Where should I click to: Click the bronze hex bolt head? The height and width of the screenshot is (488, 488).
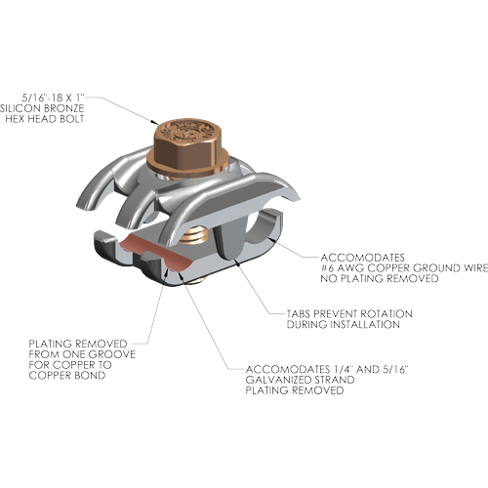pyautogui.click(x=186, y=143)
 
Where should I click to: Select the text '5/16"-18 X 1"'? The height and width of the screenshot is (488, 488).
pyautogui.click(x=54, y=98)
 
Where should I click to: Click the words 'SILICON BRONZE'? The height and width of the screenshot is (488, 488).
pyautogui.click(x=42, y=108)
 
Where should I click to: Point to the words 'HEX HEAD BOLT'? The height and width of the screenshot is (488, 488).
pyautogui.click(x=45, y=119)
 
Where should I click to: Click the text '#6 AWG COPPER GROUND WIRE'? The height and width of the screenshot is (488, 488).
pyautogui.click(x=404, y=268)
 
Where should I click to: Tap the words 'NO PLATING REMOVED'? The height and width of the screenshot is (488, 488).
pyautogui.click(x=380, y=278)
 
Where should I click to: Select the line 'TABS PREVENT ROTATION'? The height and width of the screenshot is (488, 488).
pyautogui.click(x=349, y=314)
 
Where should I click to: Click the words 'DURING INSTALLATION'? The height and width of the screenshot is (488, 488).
pyautogui.click(x=344, y=324)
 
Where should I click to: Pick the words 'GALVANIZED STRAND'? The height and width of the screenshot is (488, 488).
pyautogui.click(x=300, y=380)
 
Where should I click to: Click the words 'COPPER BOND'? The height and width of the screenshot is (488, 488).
pyautogui.click(x=67, y=375)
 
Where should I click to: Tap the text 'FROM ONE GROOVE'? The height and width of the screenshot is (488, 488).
pyautogui.click(x=82, y=354)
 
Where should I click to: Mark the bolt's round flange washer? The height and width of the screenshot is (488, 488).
pyautogui.click(x=187, y=169)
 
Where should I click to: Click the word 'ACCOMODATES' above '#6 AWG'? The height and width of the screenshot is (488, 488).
pyautogui.click(x=362, y=258)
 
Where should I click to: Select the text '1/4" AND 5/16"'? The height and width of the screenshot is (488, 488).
pyautogui.click(x=371, y=369)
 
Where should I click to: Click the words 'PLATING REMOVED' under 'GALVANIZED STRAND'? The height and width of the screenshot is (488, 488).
pyautogui.click(x=295, y=390)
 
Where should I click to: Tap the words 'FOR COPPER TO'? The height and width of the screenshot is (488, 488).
pyautogui.click(x=70, y=365)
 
